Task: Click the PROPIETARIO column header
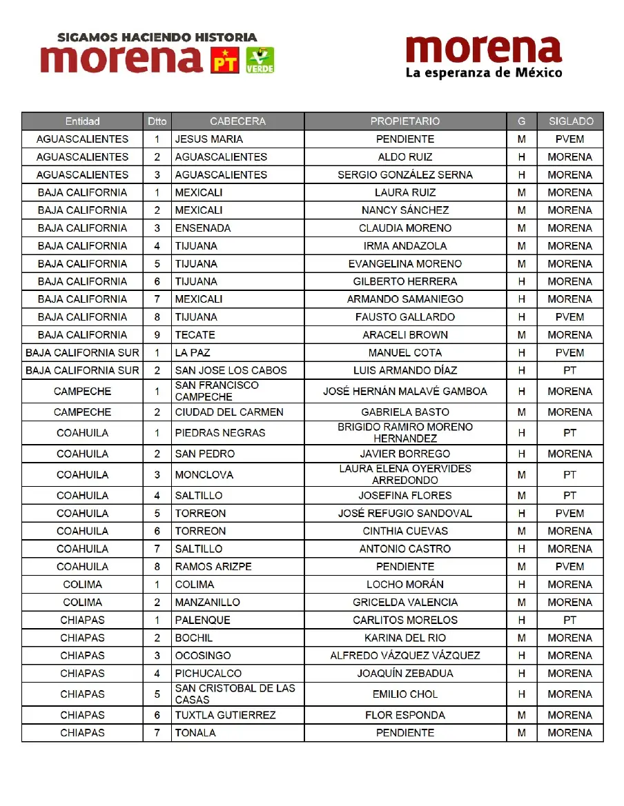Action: click(x=405, y=121)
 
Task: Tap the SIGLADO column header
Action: click(x=570, y=121)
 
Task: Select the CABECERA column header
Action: click(x=237, y=121)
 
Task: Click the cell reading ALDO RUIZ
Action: click(x=405, y=157)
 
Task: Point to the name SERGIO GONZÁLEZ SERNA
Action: click(x=405, y=175)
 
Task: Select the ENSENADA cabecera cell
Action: click(x=203, y=228)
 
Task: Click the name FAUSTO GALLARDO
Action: click(x=405, y=317)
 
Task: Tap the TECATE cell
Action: click(x=195, y=335)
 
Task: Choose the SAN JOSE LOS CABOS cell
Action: click(x=231, y=370)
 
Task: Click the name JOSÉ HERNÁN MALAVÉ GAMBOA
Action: click(x=405, y=392)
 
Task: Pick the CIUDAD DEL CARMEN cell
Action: click(x=229, y=412)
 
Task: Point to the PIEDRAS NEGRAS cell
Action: click(x=220, y=433)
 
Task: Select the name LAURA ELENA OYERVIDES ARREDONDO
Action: click(x=405, y=474)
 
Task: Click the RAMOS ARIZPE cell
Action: click(x=213, y=567)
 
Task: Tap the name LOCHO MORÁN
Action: click(x=405, y=585)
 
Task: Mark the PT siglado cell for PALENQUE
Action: click(x=569, y=620)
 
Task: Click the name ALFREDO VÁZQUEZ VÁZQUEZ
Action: click(x=405, y=656)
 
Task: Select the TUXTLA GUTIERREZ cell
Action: click(x=225, y=715)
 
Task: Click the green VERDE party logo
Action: click(x=260, y=60)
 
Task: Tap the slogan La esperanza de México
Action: click(x=484, y=72)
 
